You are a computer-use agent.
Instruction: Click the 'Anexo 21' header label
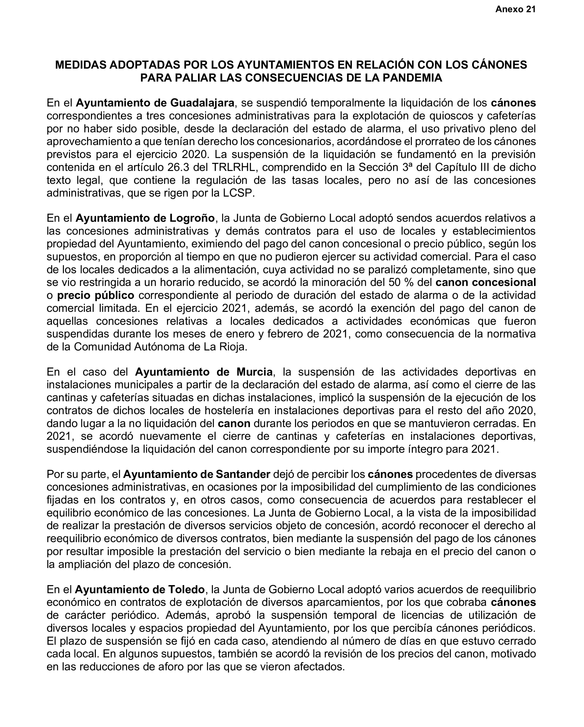click(515, 9)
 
